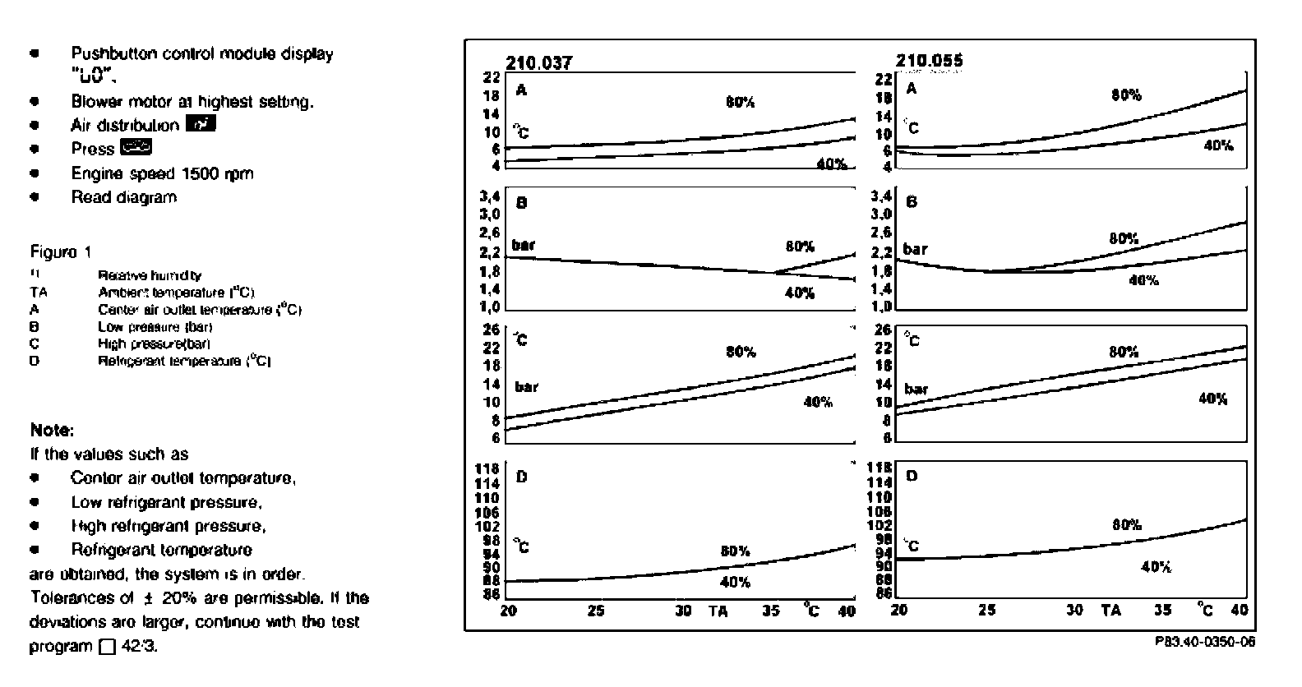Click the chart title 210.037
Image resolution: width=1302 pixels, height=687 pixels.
538,63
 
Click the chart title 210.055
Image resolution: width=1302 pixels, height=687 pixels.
929,61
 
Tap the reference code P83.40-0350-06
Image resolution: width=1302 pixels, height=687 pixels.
1205,642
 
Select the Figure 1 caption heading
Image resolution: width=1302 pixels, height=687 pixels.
60,251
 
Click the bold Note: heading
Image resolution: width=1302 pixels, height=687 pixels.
52,430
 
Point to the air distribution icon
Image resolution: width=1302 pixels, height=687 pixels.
201,124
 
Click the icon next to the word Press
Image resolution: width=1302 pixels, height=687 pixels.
136,148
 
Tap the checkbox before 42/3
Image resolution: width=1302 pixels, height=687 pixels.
107,647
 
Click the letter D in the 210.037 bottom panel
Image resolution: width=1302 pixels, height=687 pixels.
520,476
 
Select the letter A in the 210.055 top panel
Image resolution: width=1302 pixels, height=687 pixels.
911,89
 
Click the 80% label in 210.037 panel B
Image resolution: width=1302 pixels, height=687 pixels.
799,246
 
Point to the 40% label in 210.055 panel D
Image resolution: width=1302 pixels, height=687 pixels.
1156,566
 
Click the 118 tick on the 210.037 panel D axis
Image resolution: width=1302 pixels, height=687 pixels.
487,468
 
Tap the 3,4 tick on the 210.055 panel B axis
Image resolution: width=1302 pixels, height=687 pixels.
881,196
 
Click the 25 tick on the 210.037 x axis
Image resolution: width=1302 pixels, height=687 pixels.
595,611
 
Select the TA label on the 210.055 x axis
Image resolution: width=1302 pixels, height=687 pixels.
1110,610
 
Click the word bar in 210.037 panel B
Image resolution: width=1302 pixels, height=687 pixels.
523,245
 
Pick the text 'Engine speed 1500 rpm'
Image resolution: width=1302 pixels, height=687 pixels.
162,173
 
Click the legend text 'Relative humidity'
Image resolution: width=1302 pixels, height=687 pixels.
149,276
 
